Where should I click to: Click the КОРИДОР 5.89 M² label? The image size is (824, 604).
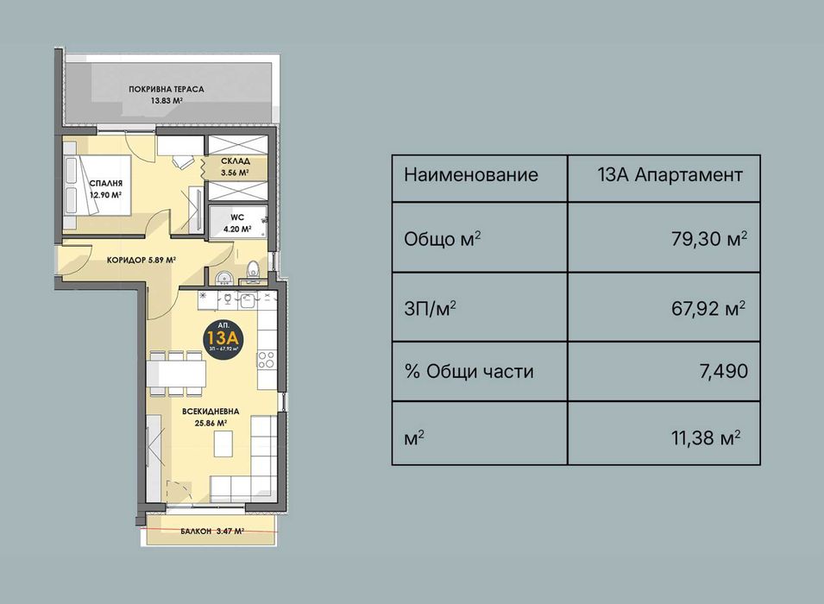coord(141,260)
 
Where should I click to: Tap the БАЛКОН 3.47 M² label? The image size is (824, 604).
coord(206,532)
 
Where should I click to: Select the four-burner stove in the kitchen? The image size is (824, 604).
coord(267,359)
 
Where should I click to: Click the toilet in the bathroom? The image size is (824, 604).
coord(253,271)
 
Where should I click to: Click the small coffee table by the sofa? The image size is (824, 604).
coord(223,443)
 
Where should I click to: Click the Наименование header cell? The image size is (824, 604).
coord(471,175)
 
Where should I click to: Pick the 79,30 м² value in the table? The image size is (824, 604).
coord(708,238)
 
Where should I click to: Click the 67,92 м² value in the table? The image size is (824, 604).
coord(708,306)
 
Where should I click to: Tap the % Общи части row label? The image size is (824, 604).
coord(469,372)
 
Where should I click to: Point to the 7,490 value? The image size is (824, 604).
coord(722,372)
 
